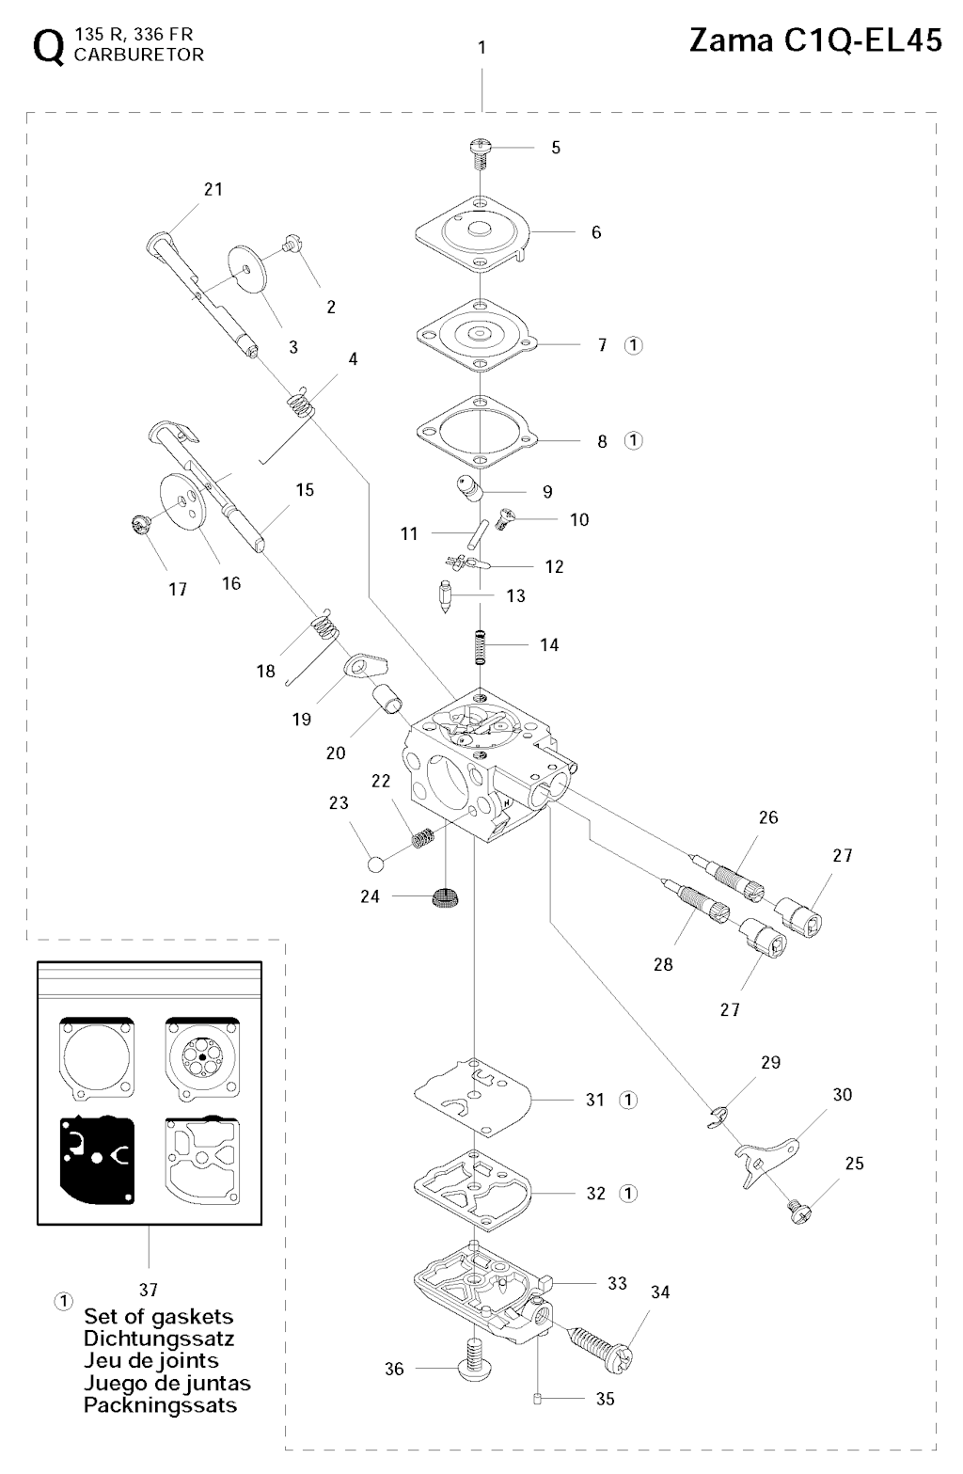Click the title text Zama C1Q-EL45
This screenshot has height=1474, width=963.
(815, 41)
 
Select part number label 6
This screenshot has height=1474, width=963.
(596, 232)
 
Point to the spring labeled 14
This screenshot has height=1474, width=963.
(481, 645)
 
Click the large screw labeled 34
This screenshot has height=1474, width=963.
(603, 1341)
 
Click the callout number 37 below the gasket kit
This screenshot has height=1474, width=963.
(148, 1290)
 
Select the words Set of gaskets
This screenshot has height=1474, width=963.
(158, 1316)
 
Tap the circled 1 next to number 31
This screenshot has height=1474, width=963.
(628, 1099)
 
